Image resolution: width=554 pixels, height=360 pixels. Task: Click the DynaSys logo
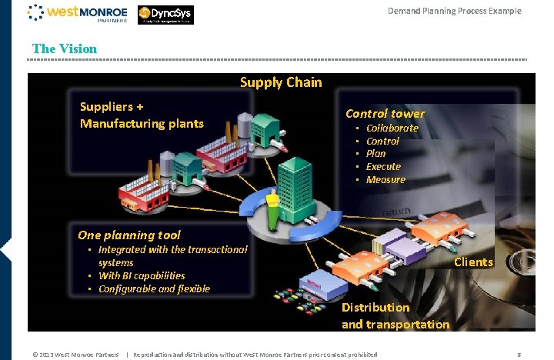click(166, 14)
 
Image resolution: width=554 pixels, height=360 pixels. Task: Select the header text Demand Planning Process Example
click(454, 11)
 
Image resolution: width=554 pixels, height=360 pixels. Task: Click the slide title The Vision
click(65, 48)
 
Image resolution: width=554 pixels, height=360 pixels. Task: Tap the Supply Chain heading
click(281, 82)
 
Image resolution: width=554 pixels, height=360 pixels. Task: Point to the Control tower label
click(385, 113)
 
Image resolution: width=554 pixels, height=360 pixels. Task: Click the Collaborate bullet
click(392, 128)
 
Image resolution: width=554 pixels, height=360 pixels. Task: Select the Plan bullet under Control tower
click(375, 153)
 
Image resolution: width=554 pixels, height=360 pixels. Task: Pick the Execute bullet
click(383, 166)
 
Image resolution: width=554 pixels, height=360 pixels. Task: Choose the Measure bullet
click(385, 179)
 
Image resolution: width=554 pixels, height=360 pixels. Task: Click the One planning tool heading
click(129, 235)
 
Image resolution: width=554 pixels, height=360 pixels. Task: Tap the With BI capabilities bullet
click(142, 275)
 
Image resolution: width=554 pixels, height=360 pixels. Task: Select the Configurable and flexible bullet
click(154, 288)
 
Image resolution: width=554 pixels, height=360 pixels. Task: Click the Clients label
click(473, 262)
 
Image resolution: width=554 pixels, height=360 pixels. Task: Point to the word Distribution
click(375, 307)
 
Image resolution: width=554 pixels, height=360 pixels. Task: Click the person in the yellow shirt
click(272, 210)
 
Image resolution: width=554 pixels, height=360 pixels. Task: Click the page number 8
click(519, 355)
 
